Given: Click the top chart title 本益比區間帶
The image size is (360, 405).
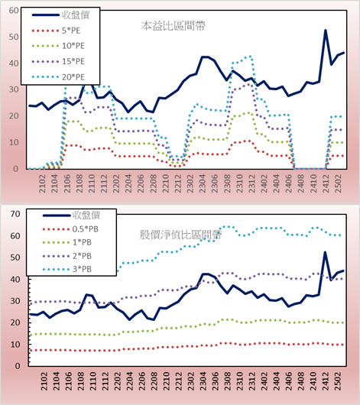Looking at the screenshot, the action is (x=174, y=26).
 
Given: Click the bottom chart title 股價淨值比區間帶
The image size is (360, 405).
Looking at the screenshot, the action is (x=180, y=235).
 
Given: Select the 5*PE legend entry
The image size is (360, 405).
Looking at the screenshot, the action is (x=56, y=31).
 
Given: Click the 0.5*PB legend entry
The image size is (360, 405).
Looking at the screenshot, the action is (x=70, y=229).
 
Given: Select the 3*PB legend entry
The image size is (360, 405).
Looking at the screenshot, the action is (x=67, y=269).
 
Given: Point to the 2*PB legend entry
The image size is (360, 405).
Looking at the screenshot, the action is (x=67, y=256).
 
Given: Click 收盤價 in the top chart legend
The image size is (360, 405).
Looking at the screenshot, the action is (x=60, y=15).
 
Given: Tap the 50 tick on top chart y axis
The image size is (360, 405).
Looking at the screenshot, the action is (x=14, y=37).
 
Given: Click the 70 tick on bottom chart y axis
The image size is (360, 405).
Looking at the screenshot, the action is (x=15, y=214).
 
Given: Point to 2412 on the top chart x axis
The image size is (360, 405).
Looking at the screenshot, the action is (x=326, y=183).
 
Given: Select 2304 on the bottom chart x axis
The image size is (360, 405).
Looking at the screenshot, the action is (x=203, y=381).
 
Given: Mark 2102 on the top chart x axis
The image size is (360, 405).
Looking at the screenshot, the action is (x=42, y=183).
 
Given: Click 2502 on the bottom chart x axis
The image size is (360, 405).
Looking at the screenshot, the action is (x=338, y=381).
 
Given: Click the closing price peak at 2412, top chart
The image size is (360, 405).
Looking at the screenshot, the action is (x=326, y=31).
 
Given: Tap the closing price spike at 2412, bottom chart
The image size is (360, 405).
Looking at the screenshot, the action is (x=325, y=252).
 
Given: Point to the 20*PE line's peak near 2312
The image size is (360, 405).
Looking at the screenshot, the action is (x=250, y=56).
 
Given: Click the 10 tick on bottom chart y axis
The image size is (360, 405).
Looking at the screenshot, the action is (x=15, y=345).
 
